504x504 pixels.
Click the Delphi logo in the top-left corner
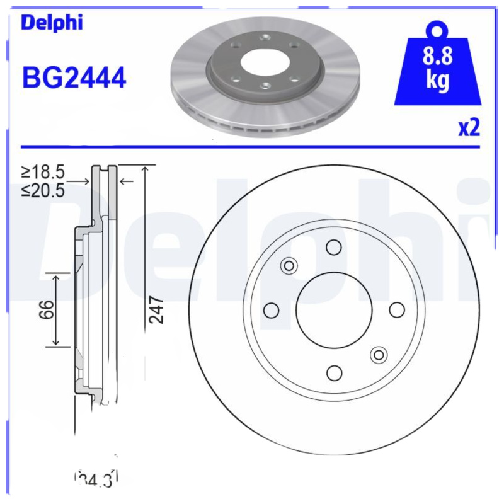tap(52, 22)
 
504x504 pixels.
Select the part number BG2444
tap(74, 78)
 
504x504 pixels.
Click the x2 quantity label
tap(469, 128)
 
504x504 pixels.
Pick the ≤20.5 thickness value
tap(43, 190)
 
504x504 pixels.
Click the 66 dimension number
tap(45, 309)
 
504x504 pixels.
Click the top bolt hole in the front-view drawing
tap(333, 247)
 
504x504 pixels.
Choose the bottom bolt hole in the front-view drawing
tap(333, 372)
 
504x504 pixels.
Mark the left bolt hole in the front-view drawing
tap(271, 310)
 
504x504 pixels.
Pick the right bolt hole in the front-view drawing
tap(396, 310)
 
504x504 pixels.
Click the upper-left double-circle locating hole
tap(289, 265)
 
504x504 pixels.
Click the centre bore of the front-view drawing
tap(333, 310)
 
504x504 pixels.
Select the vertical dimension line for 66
tap(57, 309)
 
